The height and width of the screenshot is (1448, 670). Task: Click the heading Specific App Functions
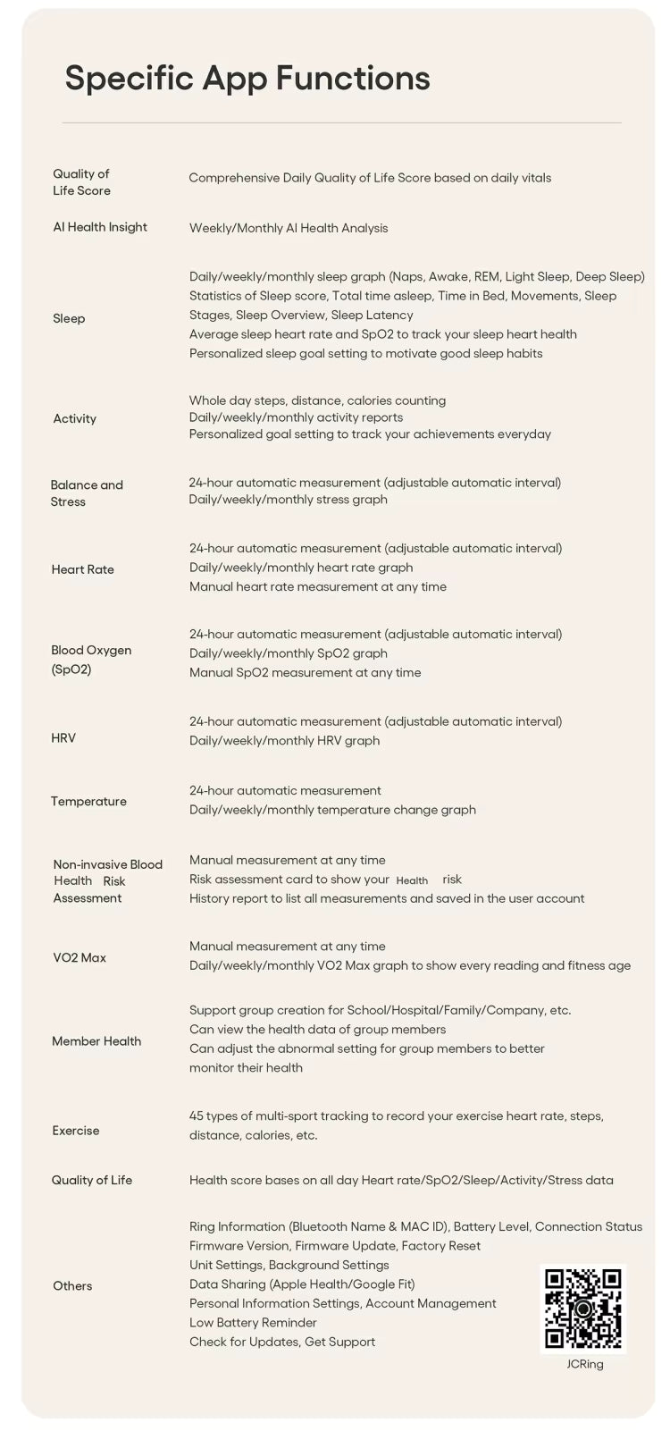[247, 79]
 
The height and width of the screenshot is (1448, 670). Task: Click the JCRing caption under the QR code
[585, 1364]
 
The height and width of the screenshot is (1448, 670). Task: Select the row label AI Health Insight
[100, 227]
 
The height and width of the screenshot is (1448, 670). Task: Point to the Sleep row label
[69, 318]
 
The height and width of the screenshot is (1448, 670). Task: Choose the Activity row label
[74, 418]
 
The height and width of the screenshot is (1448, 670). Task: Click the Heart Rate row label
[82, 569]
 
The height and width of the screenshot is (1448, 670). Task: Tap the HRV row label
[63, 738]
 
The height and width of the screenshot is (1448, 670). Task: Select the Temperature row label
[88, 802]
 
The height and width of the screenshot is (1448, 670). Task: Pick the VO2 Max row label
[79, 958]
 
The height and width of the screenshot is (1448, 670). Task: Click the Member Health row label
[96, 1041]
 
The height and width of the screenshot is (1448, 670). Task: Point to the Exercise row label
[76, 1131]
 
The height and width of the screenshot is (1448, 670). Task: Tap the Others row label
[72, 1286]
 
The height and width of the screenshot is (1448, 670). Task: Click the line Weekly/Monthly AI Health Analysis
[289, 228]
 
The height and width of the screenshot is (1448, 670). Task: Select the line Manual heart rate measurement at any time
[318, 587]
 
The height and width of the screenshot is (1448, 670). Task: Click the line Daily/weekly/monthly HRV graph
[284, 741]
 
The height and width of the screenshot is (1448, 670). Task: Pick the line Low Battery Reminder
[253, 1323]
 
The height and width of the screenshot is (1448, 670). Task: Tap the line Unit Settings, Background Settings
[289, 1266]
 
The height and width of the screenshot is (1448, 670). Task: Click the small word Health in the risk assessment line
[412, 881]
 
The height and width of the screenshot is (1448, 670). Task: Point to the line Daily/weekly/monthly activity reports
[296, 417]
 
